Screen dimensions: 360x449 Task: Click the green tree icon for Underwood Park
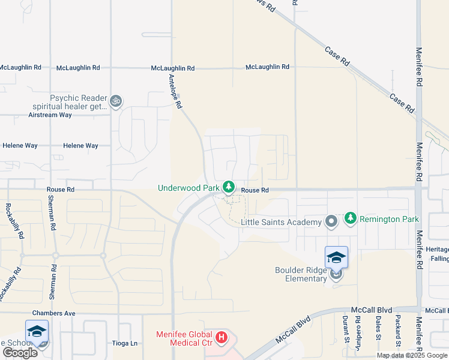[228, 188]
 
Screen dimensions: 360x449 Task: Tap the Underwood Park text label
[188, 188]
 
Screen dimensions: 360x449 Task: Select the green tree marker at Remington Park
[351, 219]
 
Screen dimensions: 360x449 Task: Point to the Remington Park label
[389, 219]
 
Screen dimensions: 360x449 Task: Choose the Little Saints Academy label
[281, 222]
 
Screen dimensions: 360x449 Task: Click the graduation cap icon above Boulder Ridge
[336, 257]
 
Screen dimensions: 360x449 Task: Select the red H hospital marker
[221, 338]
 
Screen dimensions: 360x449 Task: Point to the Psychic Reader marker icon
[116, 102]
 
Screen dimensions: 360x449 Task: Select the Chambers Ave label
[54, 313]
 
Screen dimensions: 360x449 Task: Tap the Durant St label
[346, 330]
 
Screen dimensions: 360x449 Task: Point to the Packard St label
[398, 330]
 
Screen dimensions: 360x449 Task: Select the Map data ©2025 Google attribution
[411, 355]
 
